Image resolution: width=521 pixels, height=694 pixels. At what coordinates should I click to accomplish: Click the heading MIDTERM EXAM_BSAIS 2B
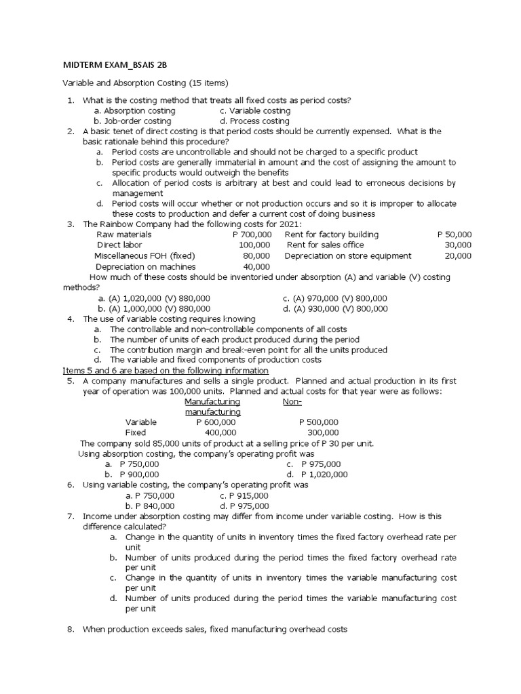115,64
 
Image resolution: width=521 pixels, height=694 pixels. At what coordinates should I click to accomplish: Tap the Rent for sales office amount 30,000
459,245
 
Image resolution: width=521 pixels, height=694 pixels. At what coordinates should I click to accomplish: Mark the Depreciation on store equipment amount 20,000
459,256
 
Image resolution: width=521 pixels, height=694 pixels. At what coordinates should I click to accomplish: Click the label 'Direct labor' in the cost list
118,245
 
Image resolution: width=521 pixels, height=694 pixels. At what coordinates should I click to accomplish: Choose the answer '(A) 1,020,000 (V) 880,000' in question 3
155,298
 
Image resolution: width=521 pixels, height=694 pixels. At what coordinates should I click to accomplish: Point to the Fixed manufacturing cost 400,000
220,432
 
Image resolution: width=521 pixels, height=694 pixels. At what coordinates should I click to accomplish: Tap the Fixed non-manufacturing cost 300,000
323,432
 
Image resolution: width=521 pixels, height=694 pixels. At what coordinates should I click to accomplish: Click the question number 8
71,630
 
